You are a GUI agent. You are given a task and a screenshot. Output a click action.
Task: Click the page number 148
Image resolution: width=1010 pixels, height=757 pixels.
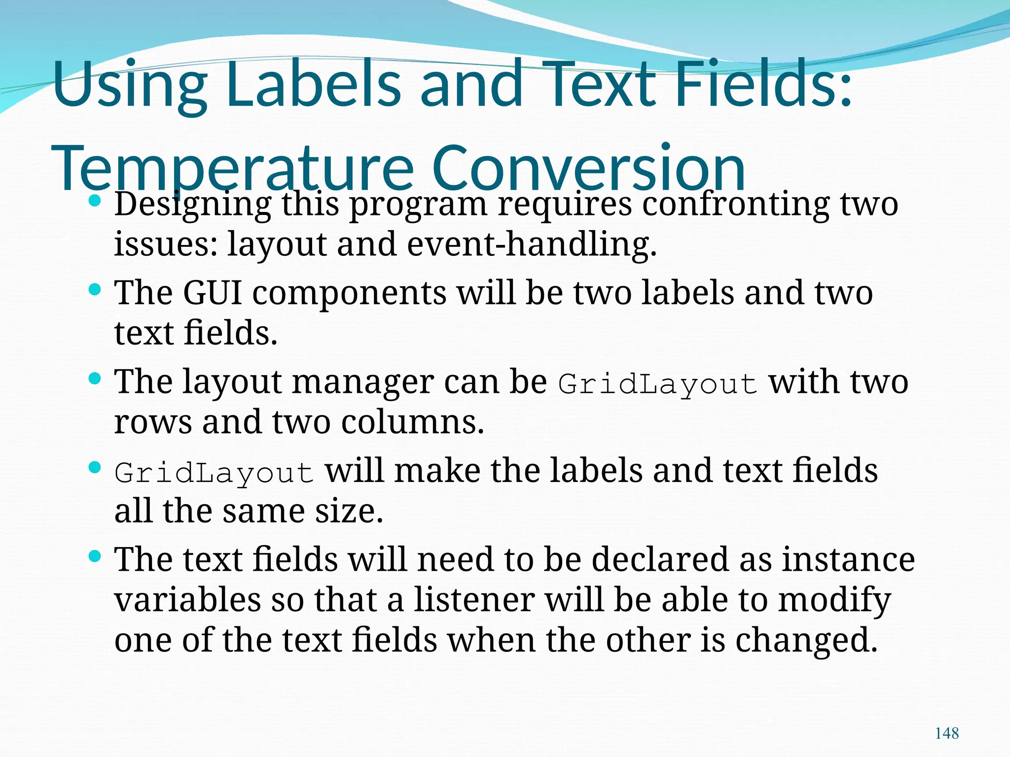pyautogui.click(x=946, y=733)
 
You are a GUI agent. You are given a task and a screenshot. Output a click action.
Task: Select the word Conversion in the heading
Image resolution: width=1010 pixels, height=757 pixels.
pyautogui.click(x=588, y=169)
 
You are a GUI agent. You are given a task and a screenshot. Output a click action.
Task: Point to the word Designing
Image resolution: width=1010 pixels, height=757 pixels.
pyautogui.click(x=192, y=204)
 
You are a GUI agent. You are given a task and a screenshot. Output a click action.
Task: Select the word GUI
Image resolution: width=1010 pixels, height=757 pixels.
pyautogui.click(x=212, y=293)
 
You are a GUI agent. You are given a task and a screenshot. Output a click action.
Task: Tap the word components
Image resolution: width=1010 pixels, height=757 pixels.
pyautogui.click(x=349, y=293)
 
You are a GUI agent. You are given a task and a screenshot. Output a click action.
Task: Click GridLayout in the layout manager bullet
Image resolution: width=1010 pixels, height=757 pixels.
pyautogui.click(x=657, y=383)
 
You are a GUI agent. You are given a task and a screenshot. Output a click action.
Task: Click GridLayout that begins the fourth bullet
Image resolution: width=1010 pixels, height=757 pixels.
pyautogui.click(x=214, y=472)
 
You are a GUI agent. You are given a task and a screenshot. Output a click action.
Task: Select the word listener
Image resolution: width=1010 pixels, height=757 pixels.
pyautogui.click(x=474, y=600)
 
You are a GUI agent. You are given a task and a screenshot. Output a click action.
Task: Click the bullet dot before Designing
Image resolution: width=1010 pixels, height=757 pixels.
pyautogui.click(x=95, y=201)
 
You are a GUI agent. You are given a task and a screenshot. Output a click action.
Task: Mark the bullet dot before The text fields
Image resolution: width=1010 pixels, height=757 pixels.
pyautogui.click(x=95, y=556)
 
